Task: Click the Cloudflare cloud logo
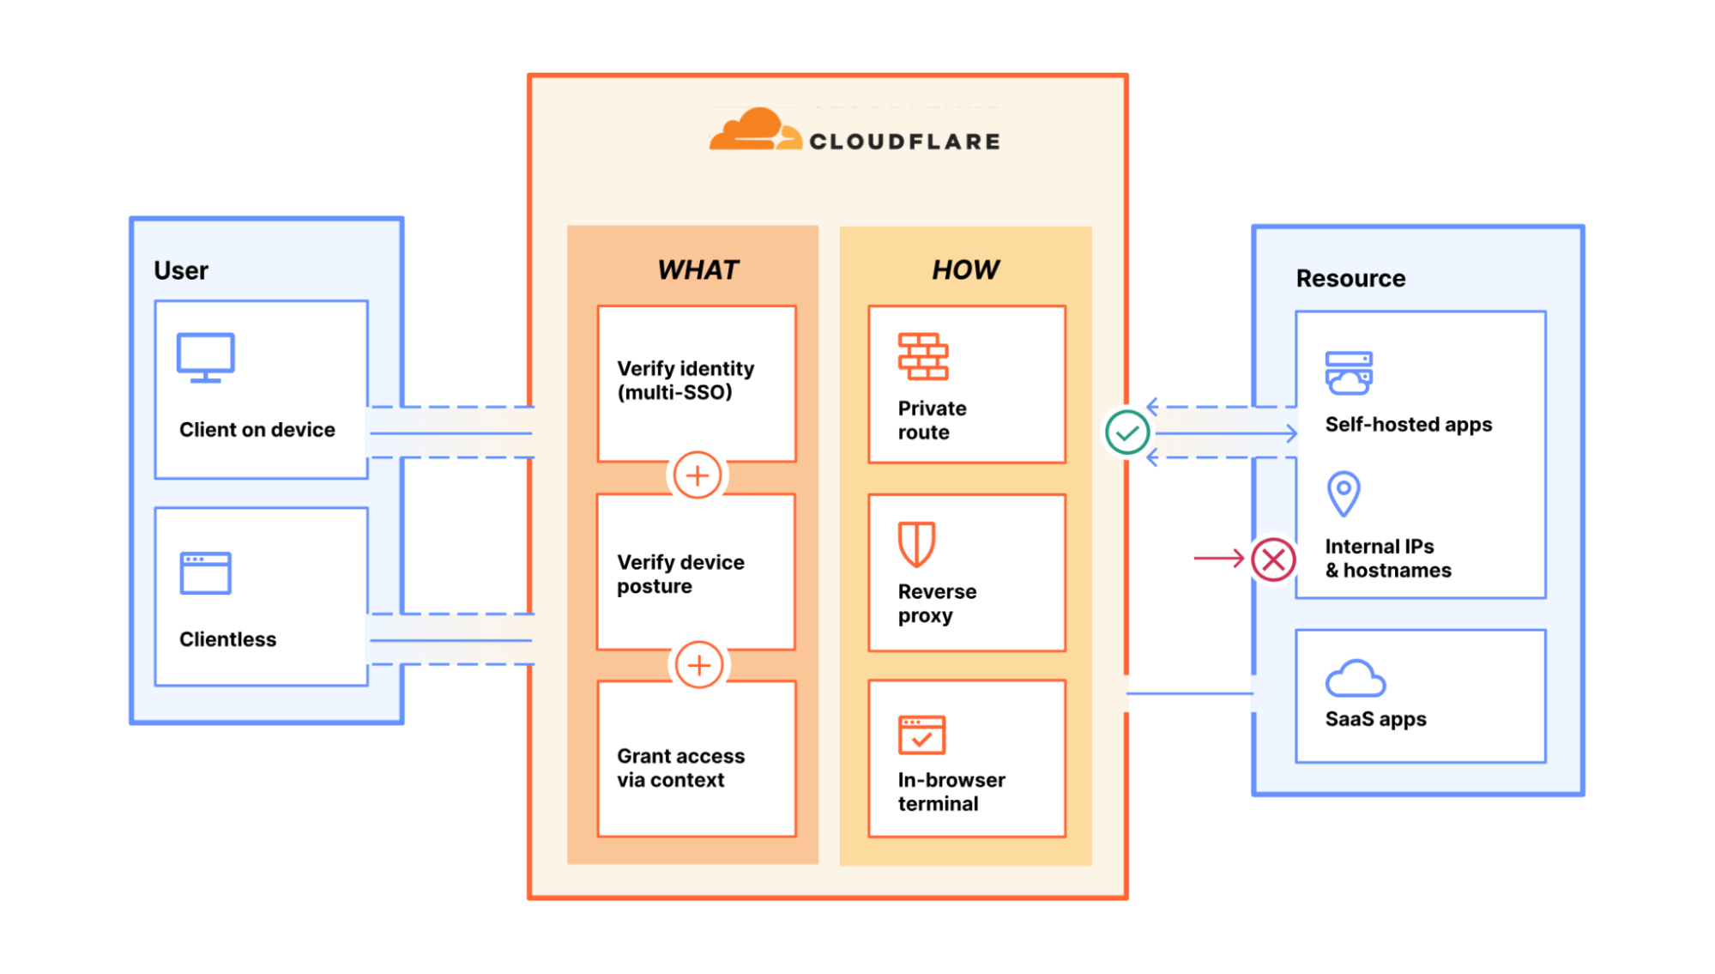pos(754,130)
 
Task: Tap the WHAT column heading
pos(697,269)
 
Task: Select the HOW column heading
pos(965,269)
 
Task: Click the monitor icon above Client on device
pos(206,357)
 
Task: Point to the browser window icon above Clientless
pos(206,573)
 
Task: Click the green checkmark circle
pos(1127,433)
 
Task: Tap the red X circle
pos(1274,560)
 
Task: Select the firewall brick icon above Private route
pos(923,357)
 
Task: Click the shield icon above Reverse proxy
pos(916,544)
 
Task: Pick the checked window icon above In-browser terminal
pos(921,735)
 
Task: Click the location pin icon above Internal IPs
pos(1344,493)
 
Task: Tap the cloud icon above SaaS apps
pos(1355,679)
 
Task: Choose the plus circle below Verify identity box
pos(697,475)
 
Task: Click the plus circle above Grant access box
pos(699,665)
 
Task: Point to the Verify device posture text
pos(680,574)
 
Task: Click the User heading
pos(181,270)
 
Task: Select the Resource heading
pos(1350,278)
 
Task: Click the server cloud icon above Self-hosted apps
pos(1349,373)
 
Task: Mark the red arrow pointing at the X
pos(1218,559)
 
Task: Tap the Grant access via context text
pos(680,768)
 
